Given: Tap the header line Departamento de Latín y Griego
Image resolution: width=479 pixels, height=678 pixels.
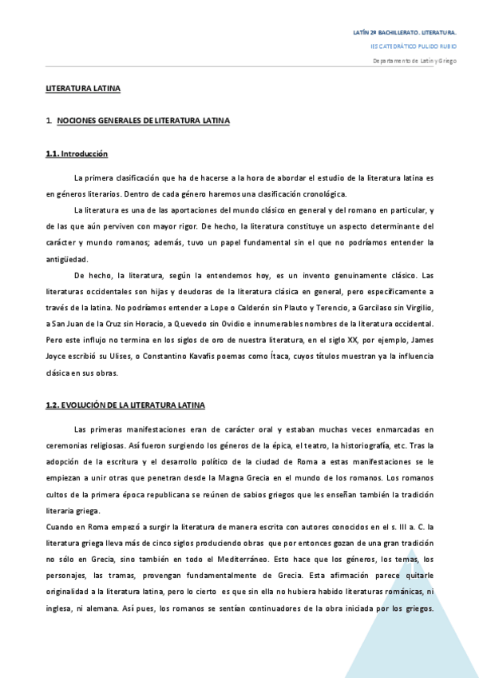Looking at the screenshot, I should (414, 61).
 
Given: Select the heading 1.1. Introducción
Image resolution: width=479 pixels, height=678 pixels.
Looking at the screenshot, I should (77, 154).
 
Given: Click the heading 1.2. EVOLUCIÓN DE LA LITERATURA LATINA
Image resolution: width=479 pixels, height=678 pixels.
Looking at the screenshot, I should (125, 405).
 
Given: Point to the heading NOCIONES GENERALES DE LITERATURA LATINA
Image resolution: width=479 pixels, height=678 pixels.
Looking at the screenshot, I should (144, 121).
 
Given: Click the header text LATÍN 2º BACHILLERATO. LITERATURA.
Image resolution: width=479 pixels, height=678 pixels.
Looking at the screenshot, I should (405, 33).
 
